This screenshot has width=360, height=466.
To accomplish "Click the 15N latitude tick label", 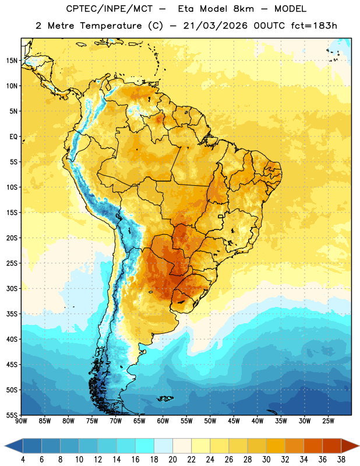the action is [12, 61].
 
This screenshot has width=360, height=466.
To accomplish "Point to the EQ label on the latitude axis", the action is [13, 137].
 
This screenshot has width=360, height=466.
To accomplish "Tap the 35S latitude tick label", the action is [12, 314].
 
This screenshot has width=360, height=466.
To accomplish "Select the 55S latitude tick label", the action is [12, 415].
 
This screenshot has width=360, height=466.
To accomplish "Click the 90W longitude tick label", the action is [21, 421].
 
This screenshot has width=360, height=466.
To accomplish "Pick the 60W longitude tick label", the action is [163, 421].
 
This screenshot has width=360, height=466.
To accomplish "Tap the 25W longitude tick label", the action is [328, 421].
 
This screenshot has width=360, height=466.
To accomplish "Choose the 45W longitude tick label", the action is [234, 421].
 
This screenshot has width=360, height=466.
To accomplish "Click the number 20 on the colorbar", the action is [172, 460].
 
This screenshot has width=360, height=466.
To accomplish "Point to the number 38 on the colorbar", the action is [341, 460].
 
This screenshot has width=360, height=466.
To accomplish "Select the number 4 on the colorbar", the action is [23, 460].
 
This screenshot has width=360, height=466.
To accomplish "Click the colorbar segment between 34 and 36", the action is [313, 446].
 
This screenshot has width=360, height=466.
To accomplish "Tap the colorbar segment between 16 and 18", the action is [145, 446].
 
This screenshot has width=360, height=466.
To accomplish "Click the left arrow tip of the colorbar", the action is [5, 446].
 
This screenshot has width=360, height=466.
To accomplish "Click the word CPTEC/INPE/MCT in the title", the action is [109, 9].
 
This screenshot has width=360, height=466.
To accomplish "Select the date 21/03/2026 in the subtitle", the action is [215, 26].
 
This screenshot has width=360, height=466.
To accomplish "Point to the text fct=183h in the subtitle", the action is [314, 26].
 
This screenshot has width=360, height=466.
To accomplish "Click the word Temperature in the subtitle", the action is [111, 26].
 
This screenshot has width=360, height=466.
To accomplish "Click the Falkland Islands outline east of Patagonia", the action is [165, 398].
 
